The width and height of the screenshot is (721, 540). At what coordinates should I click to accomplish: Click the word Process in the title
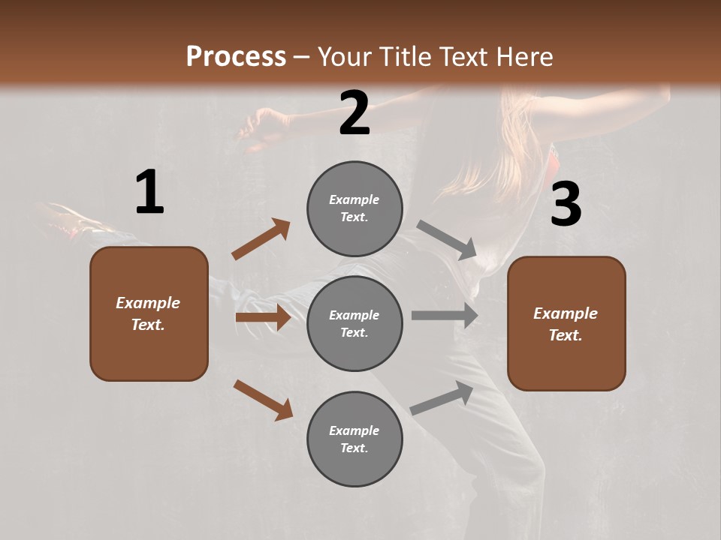[x=236, y=56]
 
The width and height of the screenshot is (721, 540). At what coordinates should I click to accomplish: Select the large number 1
[x=149, y=193]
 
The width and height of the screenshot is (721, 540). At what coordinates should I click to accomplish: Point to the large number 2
[x=354, y=113]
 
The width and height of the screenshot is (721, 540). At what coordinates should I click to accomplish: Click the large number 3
[x=566, y=205]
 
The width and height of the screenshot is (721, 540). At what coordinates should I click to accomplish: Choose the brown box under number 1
[x=149, y=313]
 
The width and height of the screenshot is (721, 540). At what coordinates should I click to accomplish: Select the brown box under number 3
[x=566, y=323]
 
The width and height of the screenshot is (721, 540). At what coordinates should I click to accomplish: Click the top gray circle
[x=354, y=208]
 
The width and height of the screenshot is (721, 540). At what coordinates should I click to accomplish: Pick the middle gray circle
[x=354, y=323]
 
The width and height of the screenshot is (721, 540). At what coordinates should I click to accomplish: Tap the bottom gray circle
[x=354, y=439]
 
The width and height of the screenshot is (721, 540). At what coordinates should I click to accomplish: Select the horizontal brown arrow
[x=263, y=317]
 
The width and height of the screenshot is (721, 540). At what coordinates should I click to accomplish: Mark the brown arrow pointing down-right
[x=263, y=400]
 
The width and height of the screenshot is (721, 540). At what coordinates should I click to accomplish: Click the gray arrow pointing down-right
[x=447, y=240]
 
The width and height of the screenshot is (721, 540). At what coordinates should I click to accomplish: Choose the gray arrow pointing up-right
[x=442, y=398]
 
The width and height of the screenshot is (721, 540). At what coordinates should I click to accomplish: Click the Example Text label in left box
[x=148, y=313]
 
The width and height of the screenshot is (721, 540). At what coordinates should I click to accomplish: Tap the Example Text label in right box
[x=566, y=324]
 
